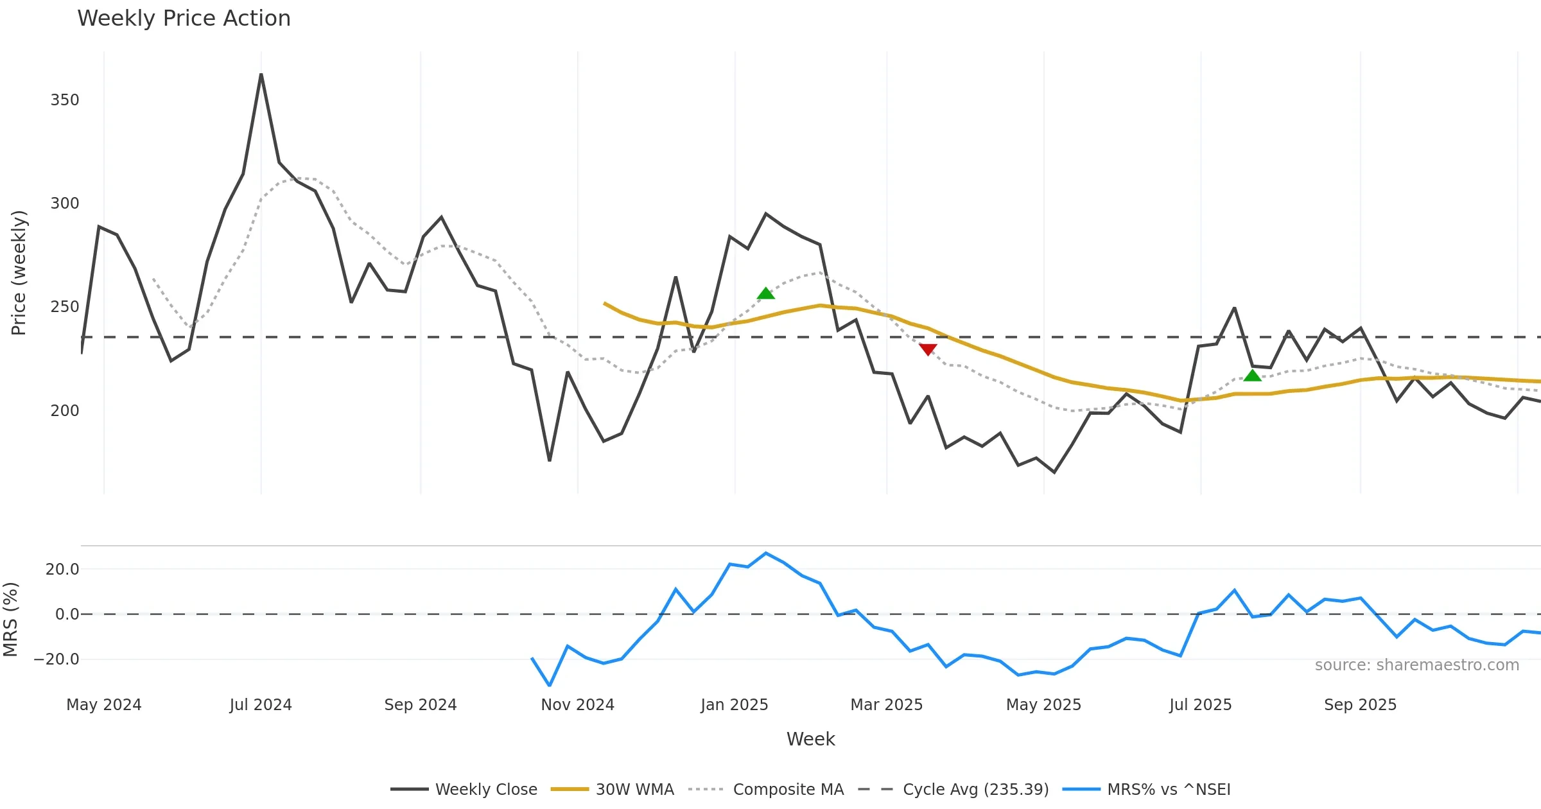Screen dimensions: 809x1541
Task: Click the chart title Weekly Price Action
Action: click(x=184, y=19)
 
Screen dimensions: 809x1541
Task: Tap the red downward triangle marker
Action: click(x=928, y=349)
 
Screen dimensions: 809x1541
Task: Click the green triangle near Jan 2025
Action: click(x=766, y=293)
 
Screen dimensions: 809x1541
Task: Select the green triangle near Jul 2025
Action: click(x=1252, y=376)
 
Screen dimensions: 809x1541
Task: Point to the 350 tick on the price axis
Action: click(x=65, y=100)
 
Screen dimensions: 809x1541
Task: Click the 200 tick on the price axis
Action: click(x=65, y=410)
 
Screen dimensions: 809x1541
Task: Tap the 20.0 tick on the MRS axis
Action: click(x=62, y=569)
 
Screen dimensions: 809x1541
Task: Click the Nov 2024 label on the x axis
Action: click(x=577, y=704)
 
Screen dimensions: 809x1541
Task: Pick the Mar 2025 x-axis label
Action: click(x=886, y=704)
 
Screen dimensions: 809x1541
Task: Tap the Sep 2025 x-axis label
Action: click(x=1360, y=704)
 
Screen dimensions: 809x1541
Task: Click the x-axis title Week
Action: click(x=810, y=739)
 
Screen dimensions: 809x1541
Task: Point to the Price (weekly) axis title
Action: click(x=19, y=272)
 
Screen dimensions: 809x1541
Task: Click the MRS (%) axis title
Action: click(x=10, y=619)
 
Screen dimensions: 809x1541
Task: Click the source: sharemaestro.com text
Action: click(x=1416, y=665)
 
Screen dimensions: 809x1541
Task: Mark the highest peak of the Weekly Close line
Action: click(x=261, y=74)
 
